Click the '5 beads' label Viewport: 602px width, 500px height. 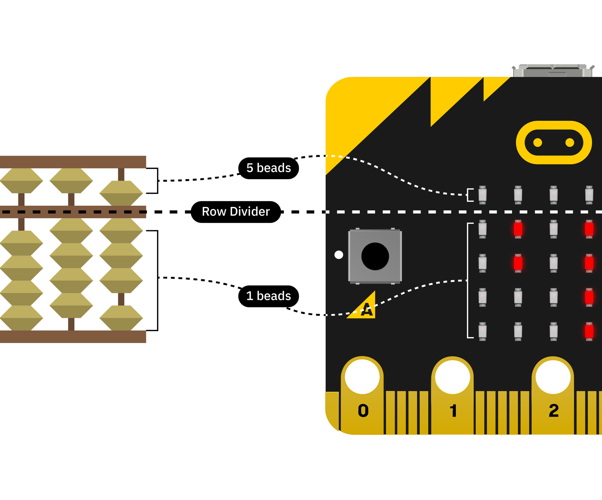pos(268,168)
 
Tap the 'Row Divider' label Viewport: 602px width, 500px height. pos(236,212)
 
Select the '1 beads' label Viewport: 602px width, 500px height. pos(268,296)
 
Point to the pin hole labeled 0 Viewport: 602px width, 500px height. pos(362,377)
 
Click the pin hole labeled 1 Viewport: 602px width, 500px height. pos(452,377)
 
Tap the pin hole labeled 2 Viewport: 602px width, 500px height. pos(553,377)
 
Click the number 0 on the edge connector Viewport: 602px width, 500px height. pos(363,411)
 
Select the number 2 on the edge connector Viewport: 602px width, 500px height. pos(554,411)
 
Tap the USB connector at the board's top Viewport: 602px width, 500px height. pos(553,71)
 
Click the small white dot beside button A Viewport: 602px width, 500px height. pos(339,255)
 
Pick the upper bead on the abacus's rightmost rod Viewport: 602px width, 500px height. pos(121,193)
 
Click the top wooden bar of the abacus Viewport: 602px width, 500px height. pos(73,162)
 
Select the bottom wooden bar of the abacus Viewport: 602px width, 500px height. pos(73,336)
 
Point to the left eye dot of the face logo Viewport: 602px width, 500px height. pos(537,142)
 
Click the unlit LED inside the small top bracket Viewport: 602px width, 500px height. pos(482,195)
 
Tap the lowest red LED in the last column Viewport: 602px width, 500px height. pos(589,331)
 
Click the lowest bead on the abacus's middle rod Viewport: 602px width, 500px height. pos(71,305)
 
